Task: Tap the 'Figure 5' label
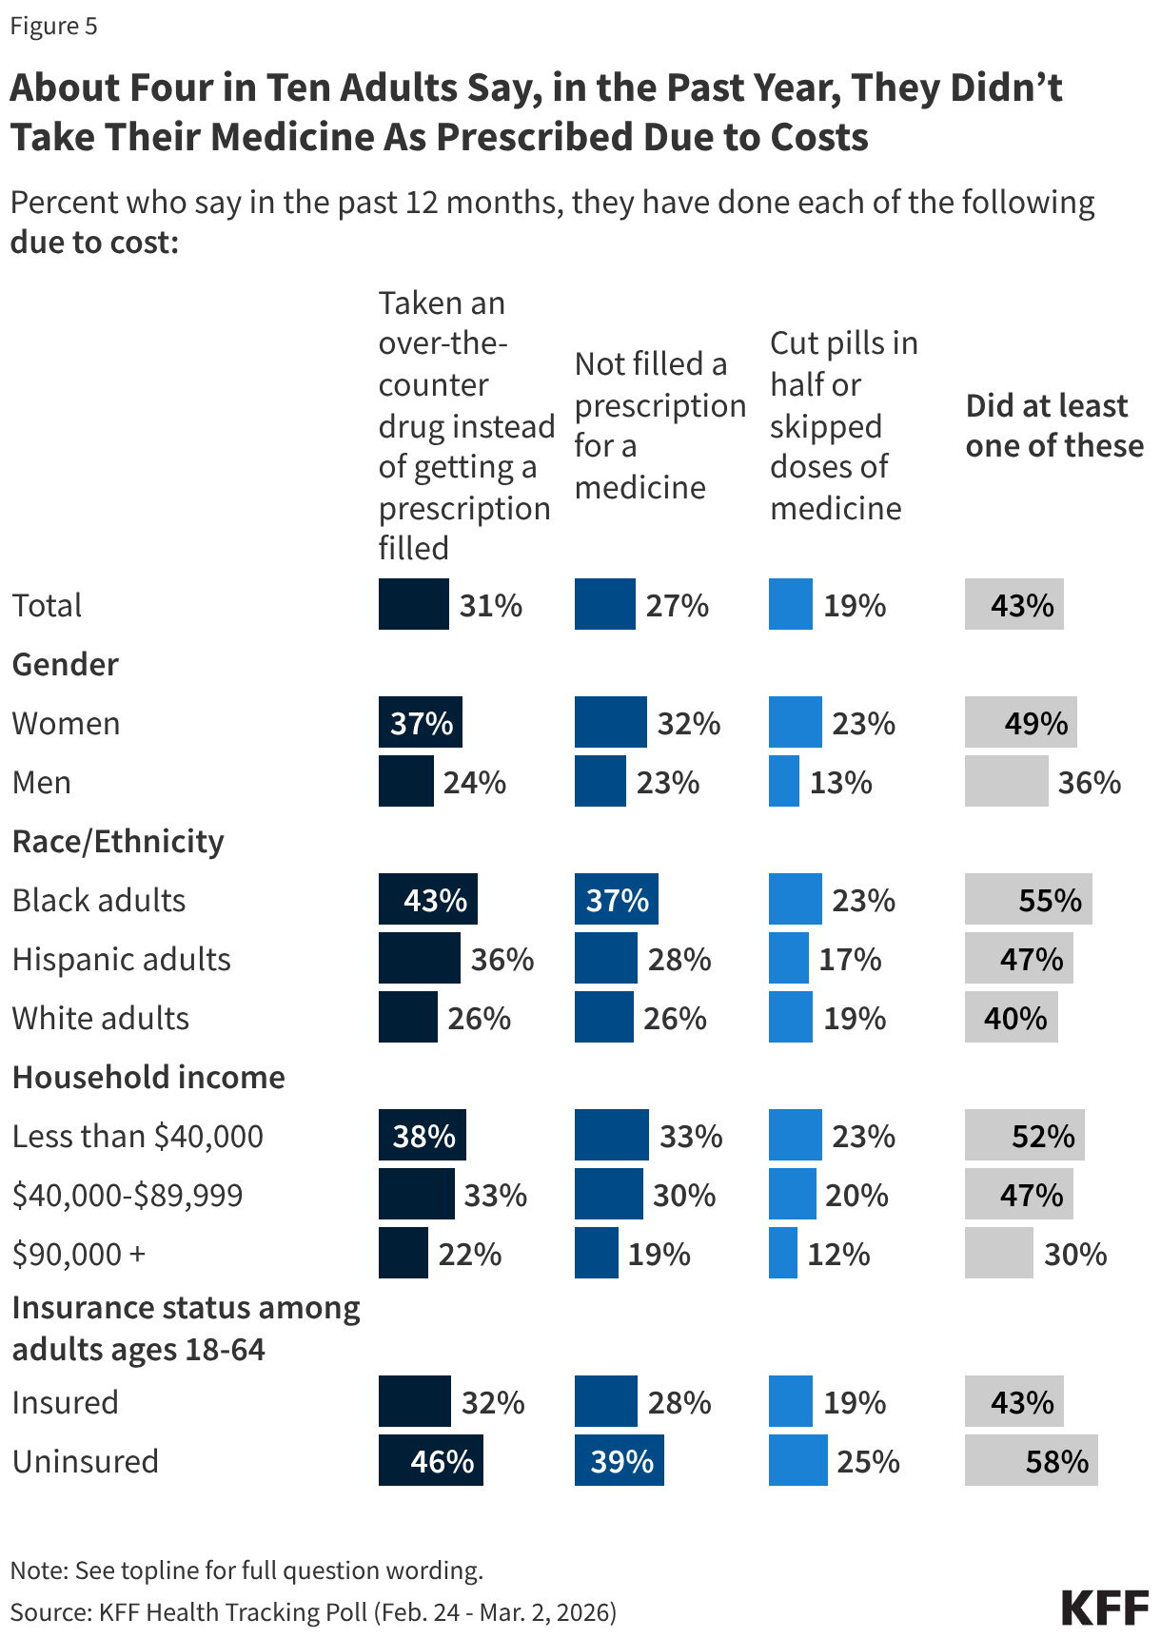pos(53,26)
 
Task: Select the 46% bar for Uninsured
pos(430,1460)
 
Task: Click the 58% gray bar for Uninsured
pos(1031,1460)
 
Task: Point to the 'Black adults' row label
pos(99,900)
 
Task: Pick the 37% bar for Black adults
pos(616,899)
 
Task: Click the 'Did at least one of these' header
pos(1053,426)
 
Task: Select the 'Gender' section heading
pos(66,664)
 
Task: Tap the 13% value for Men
pos(841,782)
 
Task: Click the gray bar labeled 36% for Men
pos(1006,781)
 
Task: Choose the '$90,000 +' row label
pos(79,1254)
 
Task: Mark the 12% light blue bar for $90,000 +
pos(782,1253)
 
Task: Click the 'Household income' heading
pos(148,1077)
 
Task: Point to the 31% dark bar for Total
pos(413,604)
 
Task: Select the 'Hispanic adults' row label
pos(122,959)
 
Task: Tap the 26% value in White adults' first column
pos(480,1018)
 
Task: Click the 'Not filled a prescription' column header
pos(659,425)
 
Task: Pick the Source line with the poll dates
pos(313,1611)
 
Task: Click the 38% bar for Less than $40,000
pos(422,1135)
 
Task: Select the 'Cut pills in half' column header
pos(843,425)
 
